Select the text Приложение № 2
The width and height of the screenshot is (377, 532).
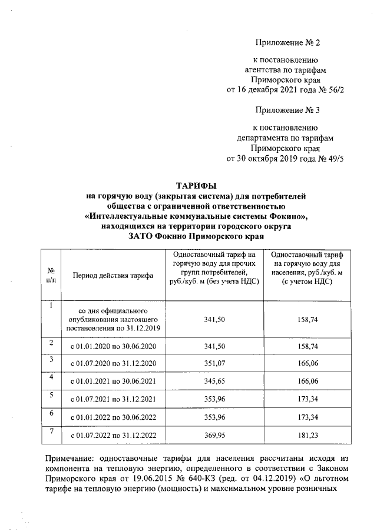[285, 42]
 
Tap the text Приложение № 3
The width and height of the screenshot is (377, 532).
[285, 109]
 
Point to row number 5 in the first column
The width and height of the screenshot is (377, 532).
[52, 395]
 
